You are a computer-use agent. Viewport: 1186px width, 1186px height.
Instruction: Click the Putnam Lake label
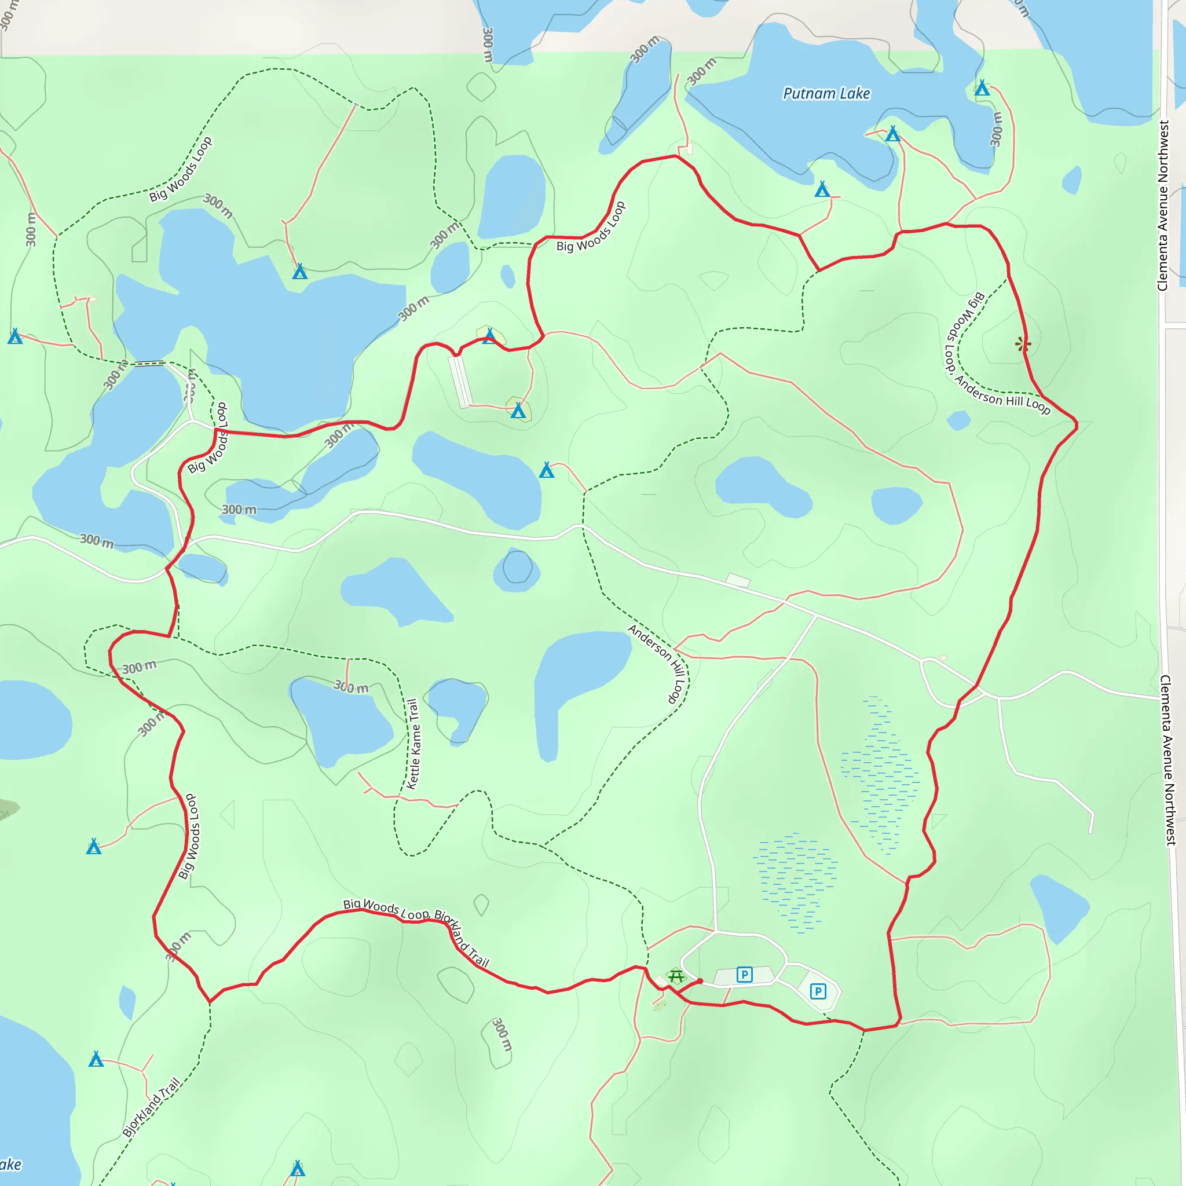click(826, 93)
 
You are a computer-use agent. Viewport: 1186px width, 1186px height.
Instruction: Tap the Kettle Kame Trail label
click(412, 744)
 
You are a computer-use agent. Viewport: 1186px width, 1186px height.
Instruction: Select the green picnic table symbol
click(676, 975)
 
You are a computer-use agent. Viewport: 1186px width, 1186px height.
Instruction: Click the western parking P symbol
click(744, 974)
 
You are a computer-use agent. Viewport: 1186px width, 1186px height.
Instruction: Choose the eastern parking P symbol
click(818, 991)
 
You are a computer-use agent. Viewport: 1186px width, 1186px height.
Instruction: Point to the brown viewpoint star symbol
click(1022, 345)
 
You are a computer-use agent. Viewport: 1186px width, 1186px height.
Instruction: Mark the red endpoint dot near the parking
click(700, 981)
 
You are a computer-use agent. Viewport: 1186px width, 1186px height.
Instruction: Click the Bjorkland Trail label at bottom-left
click(151, 1107)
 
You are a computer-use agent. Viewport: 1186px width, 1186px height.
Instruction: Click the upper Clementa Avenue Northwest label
click(1163, 206)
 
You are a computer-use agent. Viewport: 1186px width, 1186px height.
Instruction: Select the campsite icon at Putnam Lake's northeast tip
click(982, 88)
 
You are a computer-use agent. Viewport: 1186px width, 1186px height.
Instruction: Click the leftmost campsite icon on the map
click(14, 336)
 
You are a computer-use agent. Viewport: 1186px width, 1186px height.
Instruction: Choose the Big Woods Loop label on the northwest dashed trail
click(181, 169)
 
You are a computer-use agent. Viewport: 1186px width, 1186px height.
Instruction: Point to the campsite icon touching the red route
click(489, 336)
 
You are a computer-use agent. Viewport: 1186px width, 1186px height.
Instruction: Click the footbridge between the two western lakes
click(150, 364)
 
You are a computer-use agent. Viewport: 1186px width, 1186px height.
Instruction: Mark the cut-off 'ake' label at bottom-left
click(10, 1165)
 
